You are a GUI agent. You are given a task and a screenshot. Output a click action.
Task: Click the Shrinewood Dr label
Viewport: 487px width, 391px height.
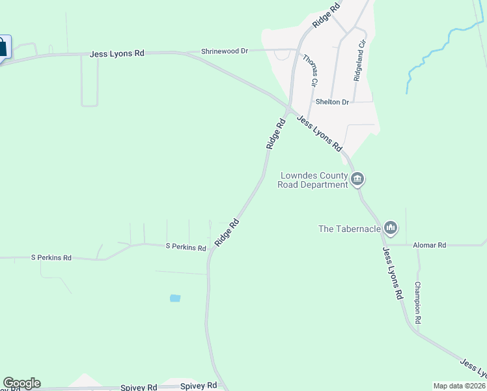[225, 51]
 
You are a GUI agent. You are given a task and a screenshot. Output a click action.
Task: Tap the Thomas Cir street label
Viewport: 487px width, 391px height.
[310, 71]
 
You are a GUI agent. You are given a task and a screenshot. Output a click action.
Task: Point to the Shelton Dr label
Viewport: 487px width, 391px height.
[332, 102]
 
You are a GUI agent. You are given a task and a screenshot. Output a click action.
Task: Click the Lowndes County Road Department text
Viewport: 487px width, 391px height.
[313, 180]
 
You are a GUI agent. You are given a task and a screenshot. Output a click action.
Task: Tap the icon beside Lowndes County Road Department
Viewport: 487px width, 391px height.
[357, 179]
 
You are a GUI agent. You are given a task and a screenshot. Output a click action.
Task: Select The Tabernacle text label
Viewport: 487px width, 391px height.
[348, 229]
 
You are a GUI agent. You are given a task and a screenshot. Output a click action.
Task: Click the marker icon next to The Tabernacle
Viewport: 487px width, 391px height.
[391, 227]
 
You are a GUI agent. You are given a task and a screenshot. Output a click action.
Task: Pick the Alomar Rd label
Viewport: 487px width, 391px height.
[430, 245]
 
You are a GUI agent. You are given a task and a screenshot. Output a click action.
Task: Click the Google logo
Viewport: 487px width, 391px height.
[21, 383]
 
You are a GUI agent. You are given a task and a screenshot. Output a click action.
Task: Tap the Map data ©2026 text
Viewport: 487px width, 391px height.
[459, 386]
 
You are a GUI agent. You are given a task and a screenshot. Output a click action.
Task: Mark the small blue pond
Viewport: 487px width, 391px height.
[174, 298]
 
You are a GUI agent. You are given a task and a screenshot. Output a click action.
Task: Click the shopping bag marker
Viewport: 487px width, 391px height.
[2, 47]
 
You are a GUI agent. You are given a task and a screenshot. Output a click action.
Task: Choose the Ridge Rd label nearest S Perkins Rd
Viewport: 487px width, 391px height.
[227, 232]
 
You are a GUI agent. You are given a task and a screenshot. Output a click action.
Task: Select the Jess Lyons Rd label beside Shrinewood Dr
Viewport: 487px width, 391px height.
[117, 53]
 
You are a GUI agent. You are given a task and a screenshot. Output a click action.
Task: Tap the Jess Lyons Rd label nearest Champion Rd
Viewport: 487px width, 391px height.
[393, 274]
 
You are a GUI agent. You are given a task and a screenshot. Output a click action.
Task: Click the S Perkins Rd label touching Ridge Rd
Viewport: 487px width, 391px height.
[186, 248]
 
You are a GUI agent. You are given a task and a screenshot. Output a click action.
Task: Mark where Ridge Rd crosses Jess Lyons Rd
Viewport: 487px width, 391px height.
[288, 108]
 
